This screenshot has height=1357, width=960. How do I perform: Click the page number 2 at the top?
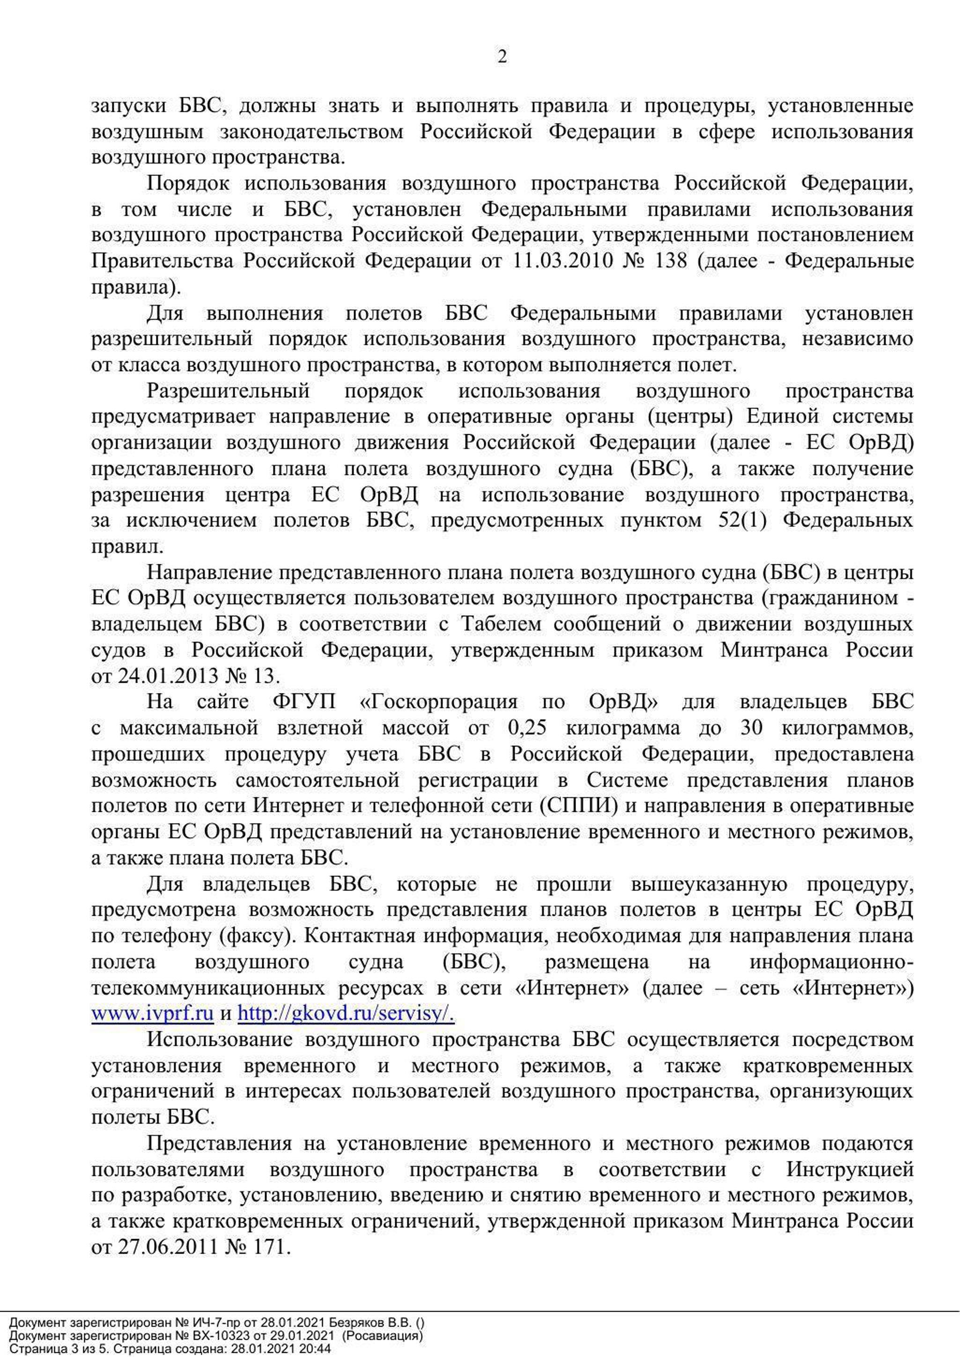(x=502, y=57)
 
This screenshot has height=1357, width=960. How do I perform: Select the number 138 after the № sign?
(x=671, y=261)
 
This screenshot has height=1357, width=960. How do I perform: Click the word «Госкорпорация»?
(x=438, y=701)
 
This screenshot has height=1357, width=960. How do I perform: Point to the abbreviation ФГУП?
(x=304, y=701)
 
